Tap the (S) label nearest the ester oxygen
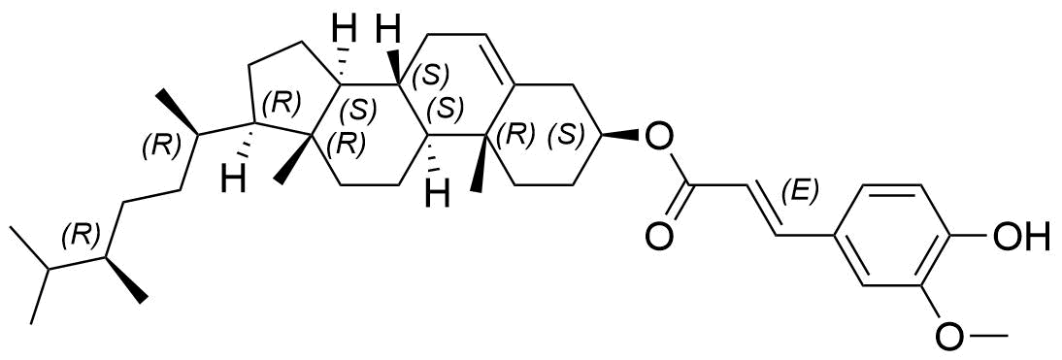tap(565, 135)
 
